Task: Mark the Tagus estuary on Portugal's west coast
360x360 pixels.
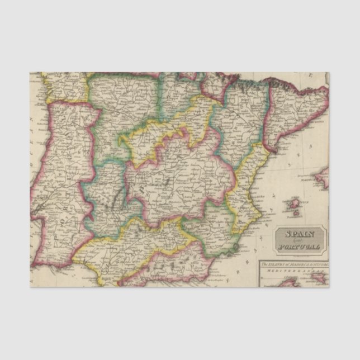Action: click(37, 210)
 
